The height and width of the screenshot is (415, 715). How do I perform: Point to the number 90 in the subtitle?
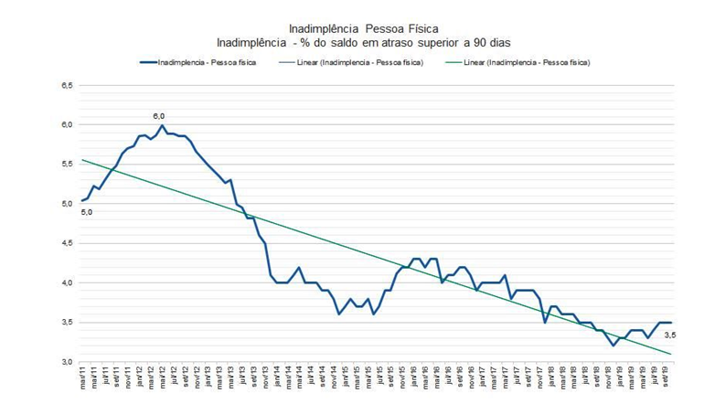coord(485,43)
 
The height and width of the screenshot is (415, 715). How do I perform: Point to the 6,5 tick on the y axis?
coord(67,85)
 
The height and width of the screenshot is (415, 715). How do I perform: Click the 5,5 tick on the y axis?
coord(67,164)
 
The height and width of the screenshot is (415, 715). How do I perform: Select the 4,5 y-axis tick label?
coord(67,243)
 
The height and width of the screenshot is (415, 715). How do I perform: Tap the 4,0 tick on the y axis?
coord(67,282)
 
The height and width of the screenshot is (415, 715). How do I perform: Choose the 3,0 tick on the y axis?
coord(67,362)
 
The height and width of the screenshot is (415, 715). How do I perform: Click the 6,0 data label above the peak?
coord(158,116)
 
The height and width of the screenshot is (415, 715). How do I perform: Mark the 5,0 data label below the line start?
coord(87,212)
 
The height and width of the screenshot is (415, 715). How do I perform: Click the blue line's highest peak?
coord(162,125)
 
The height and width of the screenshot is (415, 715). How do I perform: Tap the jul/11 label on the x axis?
coord(105,377)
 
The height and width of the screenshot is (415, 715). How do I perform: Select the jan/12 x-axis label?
coord(139,377)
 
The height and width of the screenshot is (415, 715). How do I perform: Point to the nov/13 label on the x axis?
coord(265,377)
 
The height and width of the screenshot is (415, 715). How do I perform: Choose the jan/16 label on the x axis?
coord(414,377)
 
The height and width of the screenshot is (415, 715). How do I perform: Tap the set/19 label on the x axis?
coord(666,377)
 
